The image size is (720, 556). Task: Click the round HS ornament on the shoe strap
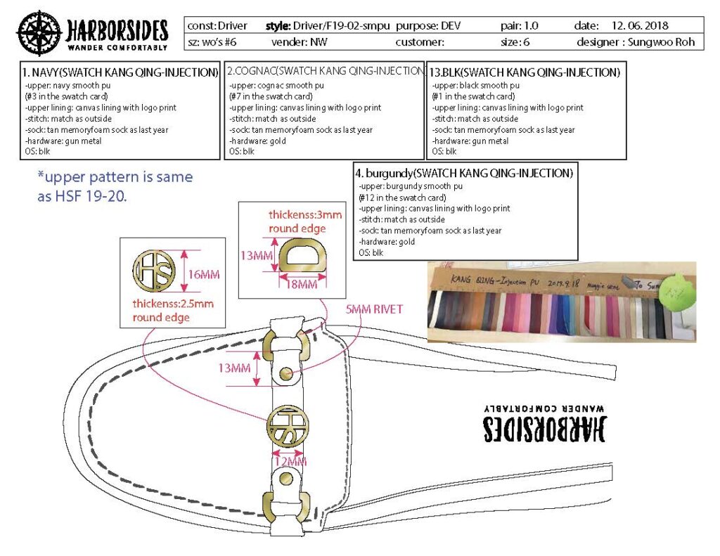click(x=288, y=426)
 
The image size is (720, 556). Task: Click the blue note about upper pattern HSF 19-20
click(x=115, y=187)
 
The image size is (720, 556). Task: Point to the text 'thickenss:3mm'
click(x=306, y=214)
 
